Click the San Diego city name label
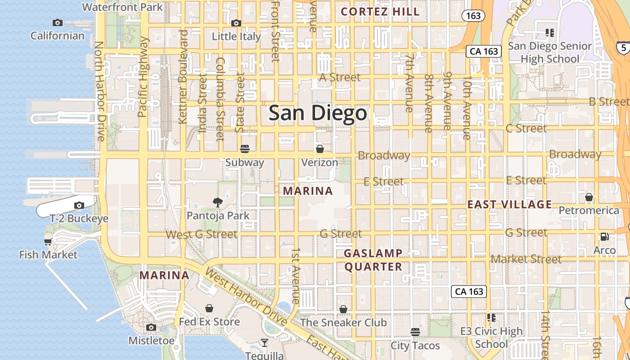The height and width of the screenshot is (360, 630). (318, 113)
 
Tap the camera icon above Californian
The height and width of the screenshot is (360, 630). (58, 22)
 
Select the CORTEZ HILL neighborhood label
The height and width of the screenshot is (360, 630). (380, 12)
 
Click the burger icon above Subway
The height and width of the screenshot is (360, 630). (245, 148)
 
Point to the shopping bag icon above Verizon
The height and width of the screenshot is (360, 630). (319, 149)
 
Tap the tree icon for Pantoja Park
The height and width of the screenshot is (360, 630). (218, 202)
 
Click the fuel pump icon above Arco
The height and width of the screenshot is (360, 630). (604, 237)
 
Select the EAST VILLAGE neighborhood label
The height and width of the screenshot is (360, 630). (509, 205)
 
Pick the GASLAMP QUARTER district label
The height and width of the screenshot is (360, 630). (373, 260)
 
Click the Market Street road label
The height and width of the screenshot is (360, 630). (526, 259)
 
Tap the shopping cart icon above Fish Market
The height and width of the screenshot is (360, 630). (48, 242)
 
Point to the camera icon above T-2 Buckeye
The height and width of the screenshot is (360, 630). (79, 206)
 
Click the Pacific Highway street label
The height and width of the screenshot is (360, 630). (143, 77)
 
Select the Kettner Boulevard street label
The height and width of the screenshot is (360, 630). (183, 76)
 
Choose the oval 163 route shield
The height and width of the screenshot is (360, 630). (473, 16)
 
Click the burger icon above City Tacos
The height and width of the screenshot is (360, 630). (415, 332)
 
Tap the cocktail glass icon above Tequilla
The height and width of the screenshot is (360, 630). (265, 343)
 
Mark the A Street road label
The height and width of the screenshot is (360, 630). (340, 77)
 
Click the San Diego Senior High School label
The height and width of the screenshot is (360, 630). (549, 52)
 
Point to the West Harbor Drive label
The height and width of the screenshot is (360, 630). (245, 297)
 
